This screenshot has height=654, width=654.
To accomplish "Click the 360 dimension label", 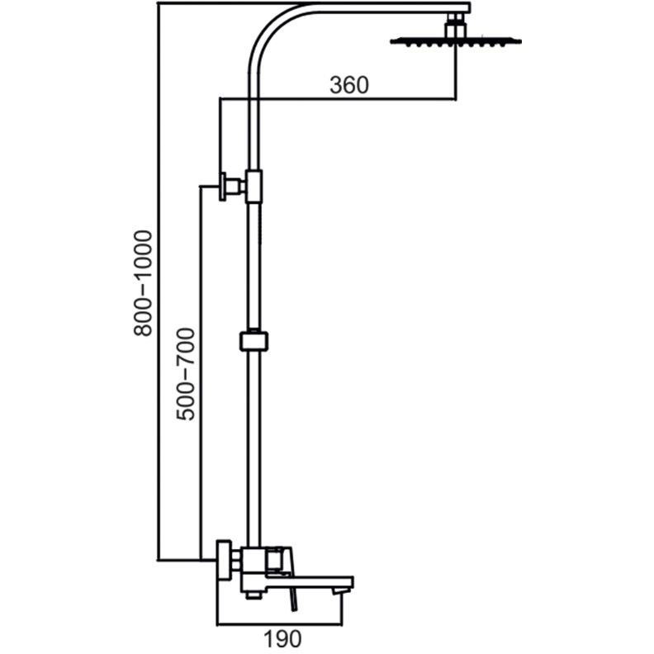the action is (349, 85).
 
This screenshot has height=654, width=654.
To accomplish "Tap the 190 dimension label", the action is (282, 638).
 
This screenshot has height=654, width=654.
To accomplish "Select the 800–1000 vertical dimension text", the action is (143, 283).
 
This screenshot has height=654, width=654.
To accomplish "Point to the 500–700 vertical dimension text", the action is (186, 374).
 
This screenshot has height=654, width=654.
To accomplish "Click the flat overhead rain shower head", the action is (456, 41).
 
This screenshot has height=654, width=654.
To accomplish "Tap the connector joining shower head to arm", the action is (457, 25).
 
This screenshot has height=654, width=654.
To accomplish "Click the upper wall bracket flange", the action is (223, 186).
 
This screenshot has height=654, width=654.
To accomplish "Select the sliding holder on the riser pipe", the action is (254, 340).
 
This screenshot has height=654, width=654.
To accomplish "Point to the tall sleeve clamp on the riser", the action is (254, 186).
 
